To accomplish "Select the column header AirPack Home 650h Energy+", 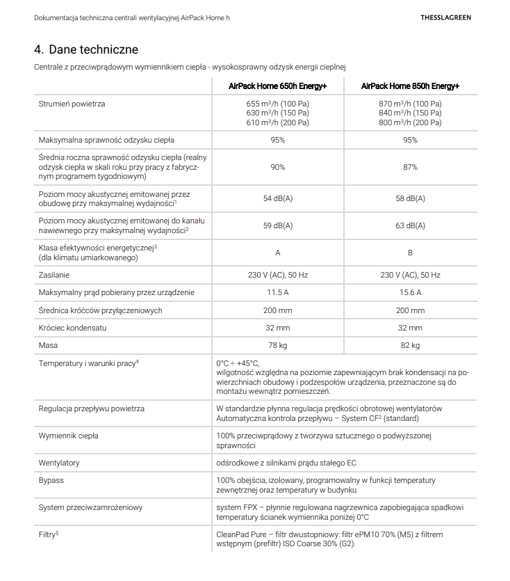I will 278,86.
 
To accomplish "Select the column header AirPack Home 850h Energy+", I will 410,86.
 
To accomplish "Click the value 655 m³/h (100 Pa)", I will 278,104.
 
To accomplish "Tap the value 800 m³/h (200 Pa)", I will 410,122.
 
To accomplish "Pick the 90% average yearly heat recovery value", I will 278,167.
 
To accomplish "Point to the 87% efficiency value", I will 410,167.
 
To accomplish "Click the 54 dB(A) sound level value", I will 278,199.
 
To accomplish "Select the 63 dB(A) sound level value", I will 410,225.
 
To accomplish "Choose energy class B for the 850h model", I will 410,253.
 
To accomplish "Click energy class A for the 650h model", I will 278,253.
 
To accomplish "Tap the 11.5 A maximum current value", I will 278,292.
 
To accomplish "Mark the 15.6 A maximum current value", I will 410,292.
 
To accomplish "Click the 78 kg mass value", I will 278,345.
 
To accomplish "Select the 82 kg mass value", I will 410,345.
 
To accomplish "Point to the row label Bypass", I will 51,481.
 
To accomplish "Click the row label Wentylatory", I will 59,463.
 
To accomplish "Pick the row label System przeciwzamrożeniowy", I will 91,507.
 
